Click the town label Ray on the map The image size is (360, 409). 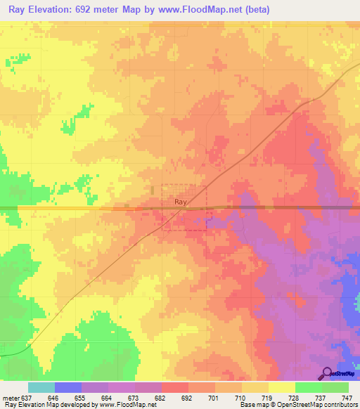[180, 202]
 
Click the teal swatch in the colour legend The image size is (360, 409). [41, 387]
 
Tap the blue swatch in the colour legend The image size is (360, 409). [68, 387]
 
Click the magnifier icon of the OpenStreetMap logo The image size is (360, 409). [327, 373]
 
